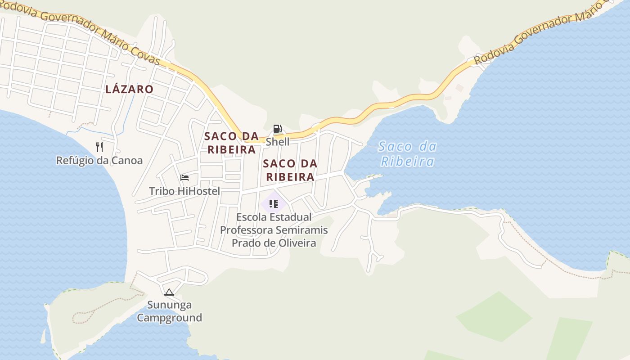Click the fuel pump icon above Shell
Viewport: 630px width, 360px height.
click(x=277, y=129)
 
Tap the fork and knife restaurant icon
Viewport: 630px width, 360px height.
click(x=99, y=147)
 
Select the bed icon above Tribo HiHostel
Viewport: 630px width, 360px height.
click(x=184, y=178)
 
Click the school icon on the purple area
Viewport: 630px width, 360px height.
click(x=273, y=204)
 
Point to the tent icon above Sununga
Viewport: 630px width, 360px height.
click(x=169, y=292)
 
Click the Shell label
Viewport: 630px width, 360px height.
click(x=277, y=142)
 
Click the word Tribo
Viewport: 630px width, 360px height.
click(x=162, y=191)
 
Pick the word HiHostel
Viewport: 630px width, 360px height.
click(x=199, y=191)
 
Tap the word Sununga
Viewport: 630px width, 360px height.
click(x=169, y=305)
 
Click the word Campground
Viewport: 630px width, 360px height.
click(x=169, y=318)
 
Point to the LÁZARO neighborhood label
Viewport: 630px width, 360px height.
click(x=129, y=89)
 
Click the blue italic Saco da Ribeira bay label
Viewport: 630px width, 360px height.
click(x=407, y=154)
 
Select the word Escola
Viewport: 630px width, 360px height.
click(x=252, y=217)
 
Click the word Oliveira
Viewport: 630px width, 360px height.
click(x=295, y=243)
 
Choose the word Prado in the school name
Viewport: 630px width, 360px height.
click(x=246, y=243)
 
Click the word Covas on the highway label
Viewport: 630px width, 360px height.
click(x=145, y=54)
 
